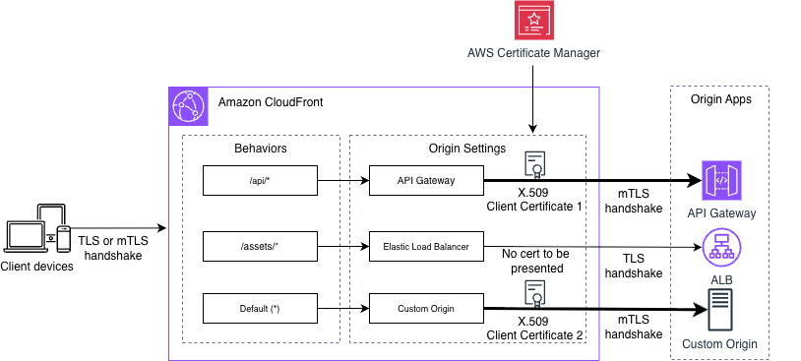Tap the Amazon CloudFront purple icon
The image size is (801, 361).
pos(188,103)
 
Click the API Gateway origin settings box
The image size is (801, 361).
pos(426,181)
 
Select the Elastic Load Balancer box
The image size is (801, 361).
pos(426,247)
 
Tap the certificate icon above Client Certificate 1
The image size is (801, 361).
pos(535,163)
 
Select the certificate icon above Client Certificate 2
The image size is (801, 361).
pos(535,294)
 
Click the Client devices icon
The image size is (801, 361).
pos(37,233)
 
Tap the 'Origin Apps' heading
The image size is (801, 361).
pos(719,101)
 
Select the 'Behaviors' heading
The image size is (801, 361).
pos(261,149)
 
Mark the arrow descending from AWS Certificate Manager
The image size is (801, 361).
pos(532,98)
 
